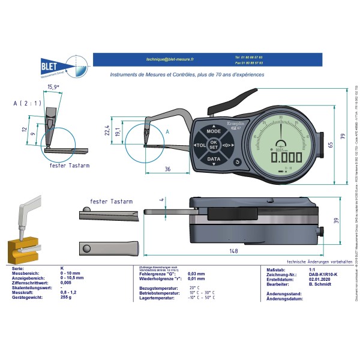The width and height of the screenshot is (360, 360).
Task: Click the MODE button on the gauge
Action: pyautogui.click(x=213, y=130)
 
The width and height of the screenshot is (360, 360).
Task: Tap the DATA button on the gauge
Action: pyautogui.click(x=213, y=160)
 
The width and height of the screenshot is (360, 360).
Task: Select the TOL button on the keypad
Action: pyautogui.click(x=199, y=145)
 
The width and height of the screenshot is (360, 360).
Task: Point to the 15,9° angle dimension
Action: pyautogui.click(x=53, y=87)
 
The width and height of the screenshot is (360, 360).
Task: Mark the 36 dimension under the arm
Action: pyautogui.click(x=167, y=169)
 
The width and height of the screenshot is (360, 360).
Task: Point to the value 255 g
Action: pyautogui.click(x=66, y=298)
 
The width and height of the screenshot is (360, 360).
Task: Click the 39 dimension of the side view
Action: pyautogui.click(x=337, y=220)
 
